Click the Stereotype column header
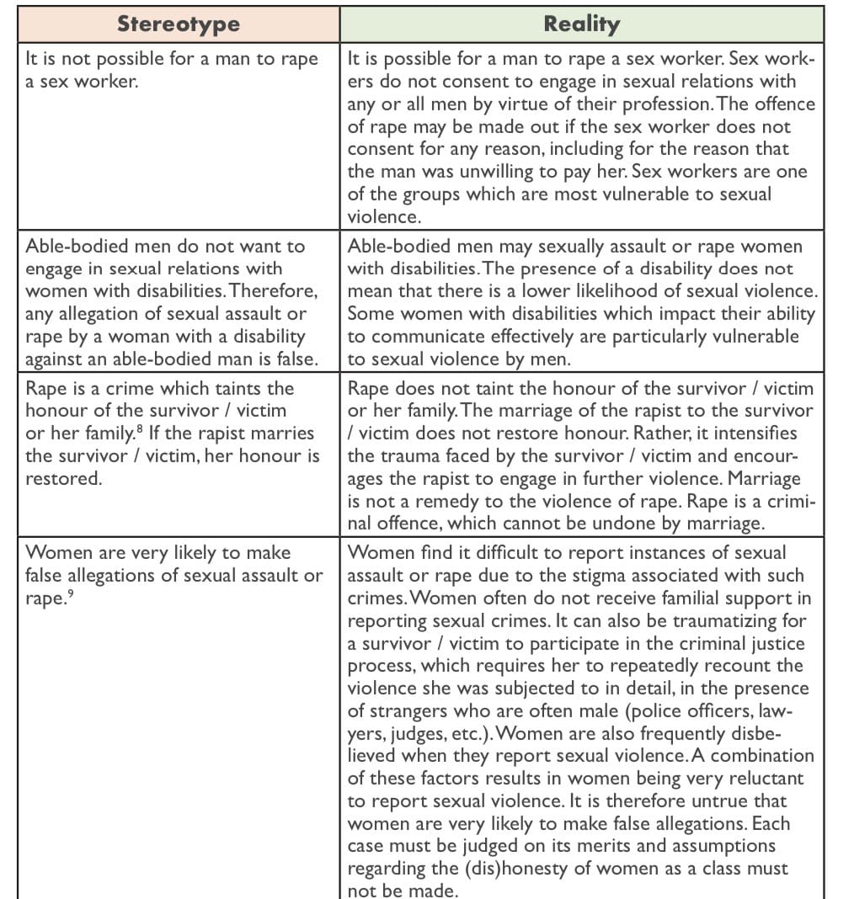point(178,24)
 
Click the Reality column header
point(581,24)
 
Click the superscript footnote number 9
point(72,594)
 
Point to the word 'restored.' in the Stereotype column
point(63,478)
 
